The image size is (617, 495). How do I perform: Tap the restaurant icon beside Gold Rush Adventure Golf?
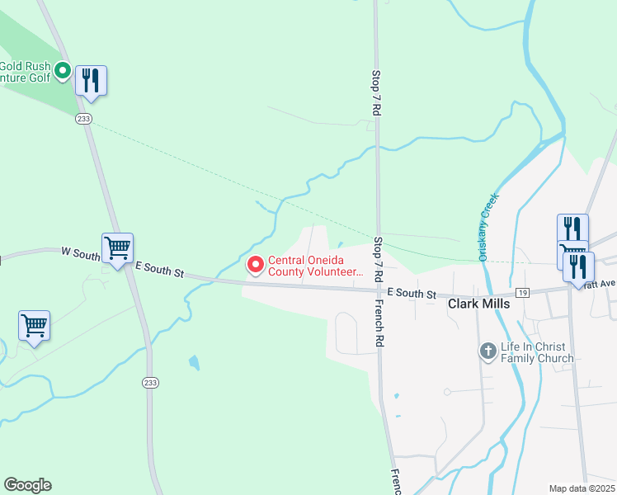pos(91,81)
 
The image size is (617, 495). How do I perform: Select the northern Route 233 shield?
pos(82,119)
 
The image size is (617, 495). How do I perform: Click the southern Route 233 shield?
pos(149,383)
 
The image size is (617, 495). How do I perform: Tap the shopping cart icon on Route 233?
pos(117,247)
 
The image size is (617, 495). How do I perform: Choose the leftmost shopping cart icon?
pos(34,326)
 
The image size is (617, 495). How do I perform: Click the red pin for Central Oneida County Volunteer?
pos(255,265)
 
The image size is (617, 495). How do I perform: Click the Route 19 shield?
pos(522,293)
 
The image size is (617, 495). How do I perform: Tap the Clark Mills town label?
pos(478,304)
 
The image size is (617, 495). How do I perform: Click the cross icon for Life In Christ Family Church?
pos(487,351)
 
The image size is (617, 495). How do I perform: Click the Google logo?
pos(27,485)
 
